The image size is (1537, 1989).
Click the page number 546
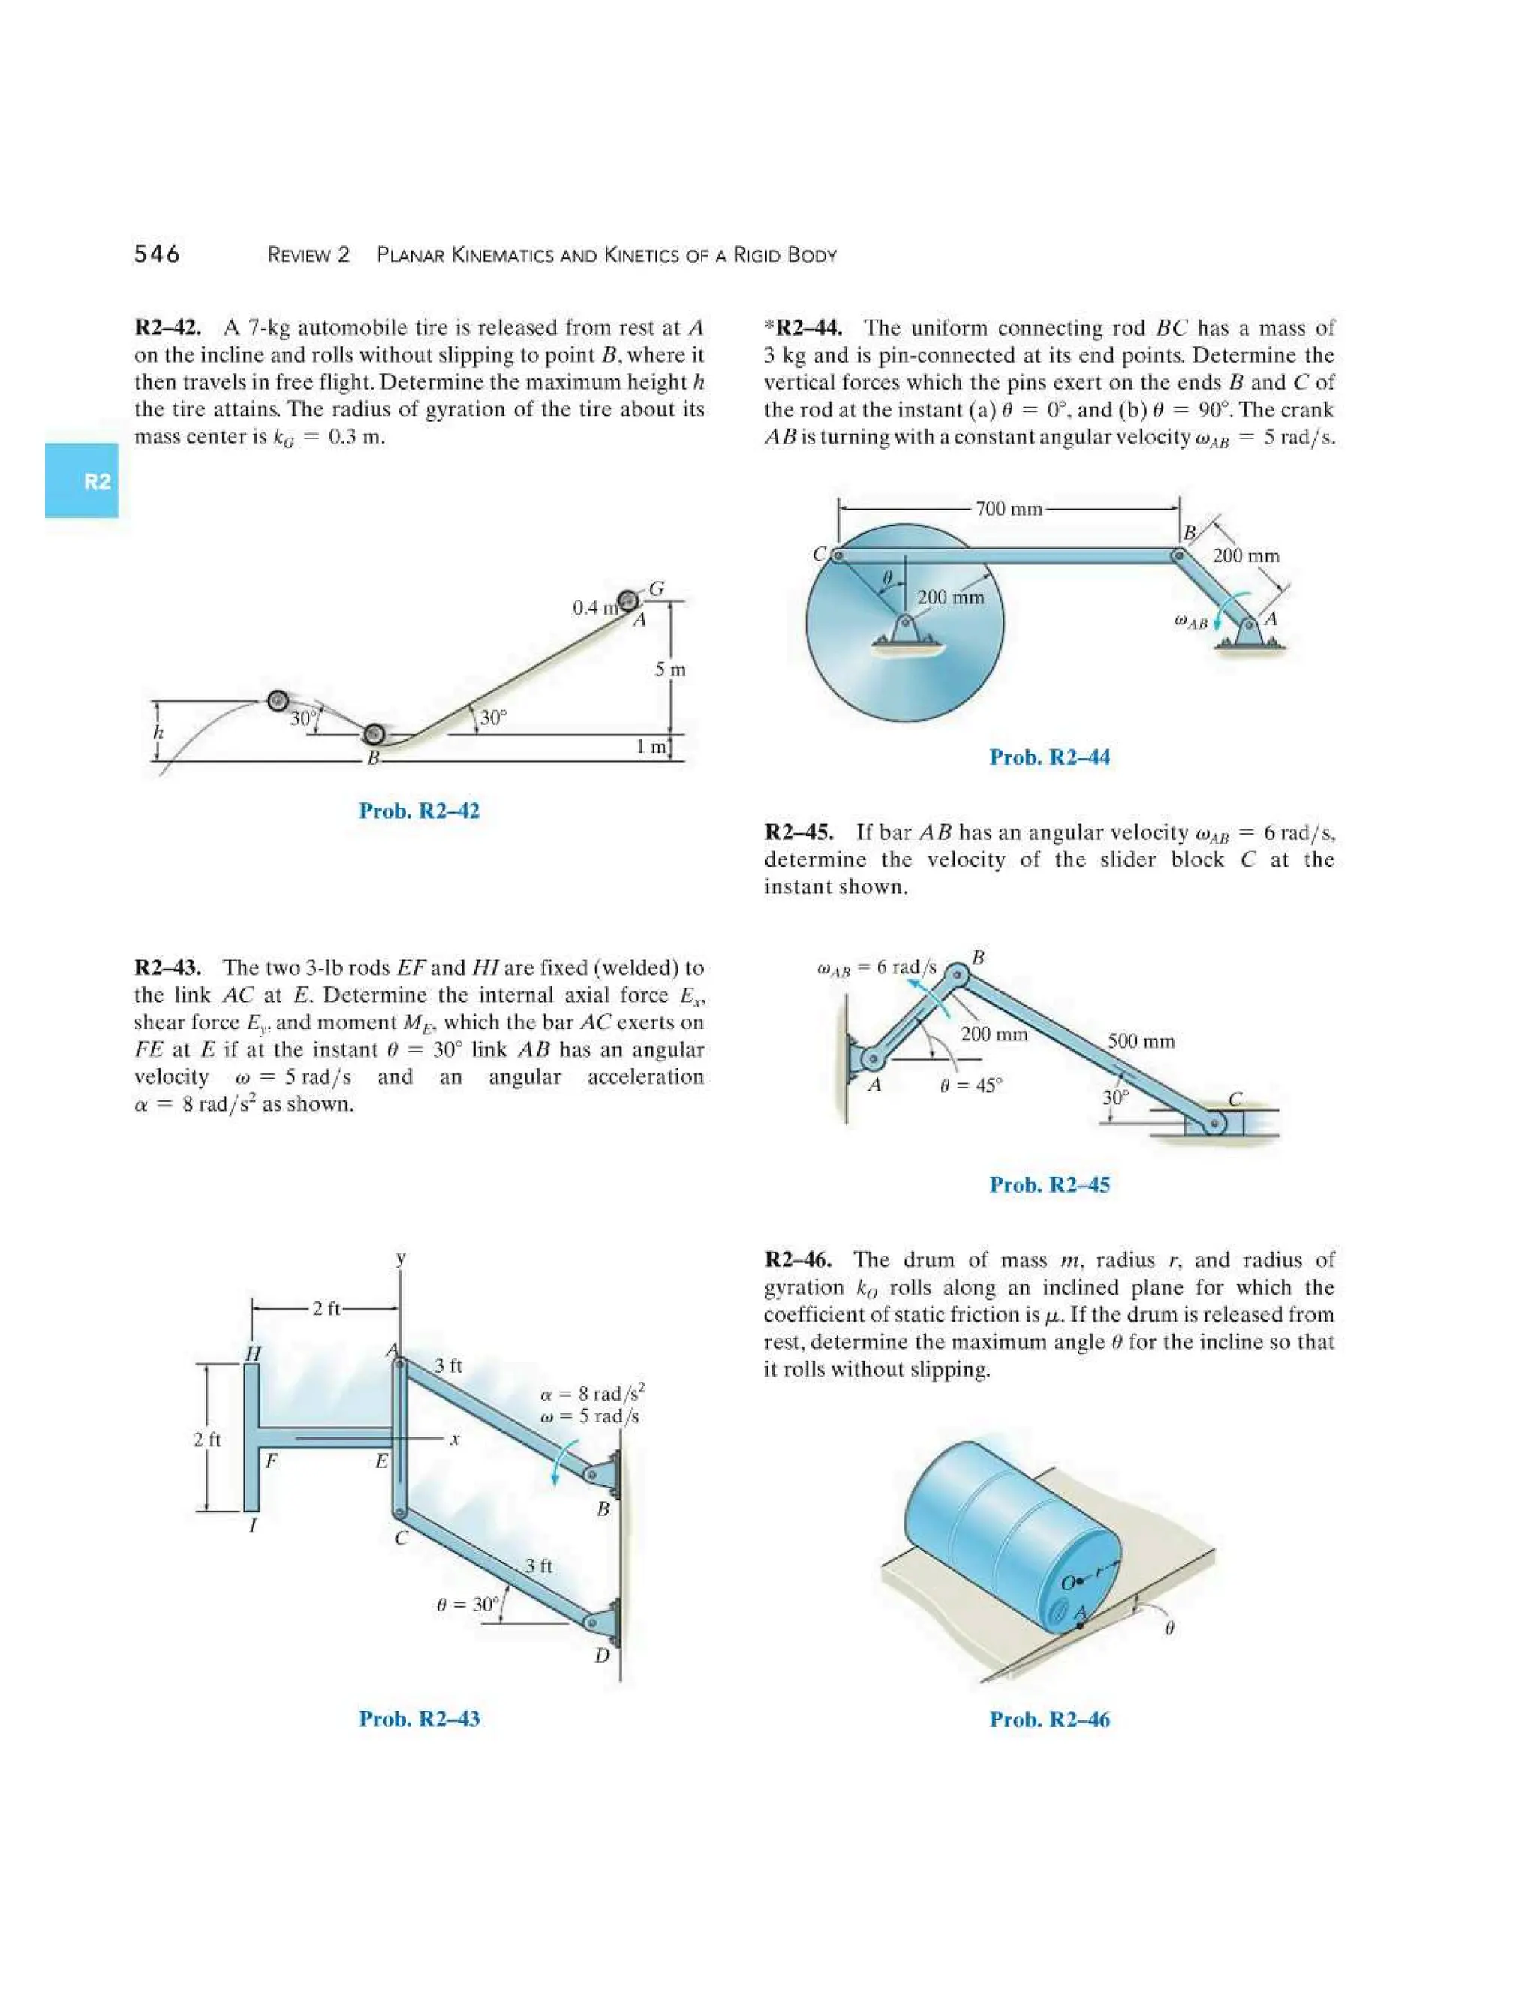coord(157,254)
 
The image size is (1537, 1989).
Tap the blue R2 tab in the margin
coord(82,481)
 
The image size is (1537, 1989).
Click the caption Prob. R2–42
coord(419,811)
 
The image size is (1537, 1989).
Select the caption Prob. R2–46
coord(1049,1720)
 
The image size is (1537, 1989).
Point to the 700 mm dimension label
coord(1008,508)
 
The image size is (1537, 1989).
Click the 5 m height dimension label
coord(670,670)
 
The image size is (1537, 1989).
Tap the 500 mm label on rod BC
coord(1140,1041)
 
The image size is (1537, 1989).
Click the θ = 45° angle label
coord(970,1085)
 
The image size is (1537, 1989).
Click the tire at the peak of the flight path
coord(278,700)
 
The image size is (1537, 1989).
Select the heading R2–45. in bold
coord(799,832)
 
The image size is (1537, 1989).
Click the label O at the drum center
coord(1068,1583)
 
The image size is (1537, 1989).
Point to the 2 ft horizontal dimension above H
coord(325,1309)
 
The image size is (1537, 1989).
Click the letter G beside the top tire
coord(657,589)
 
